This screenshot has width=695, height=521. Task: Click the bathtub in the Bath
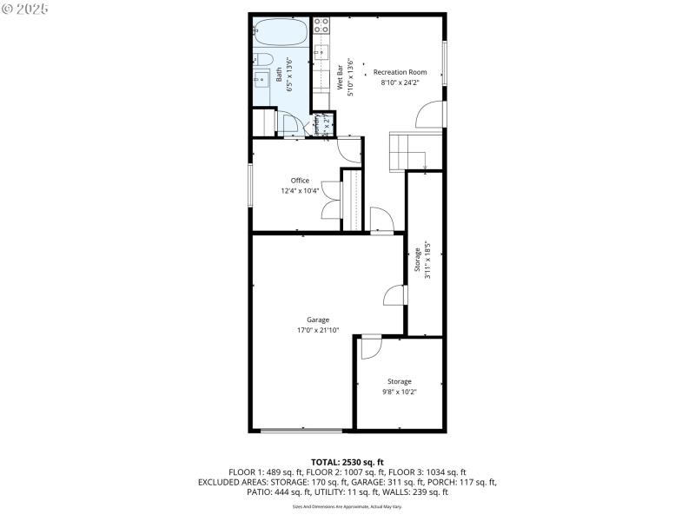(281, 34)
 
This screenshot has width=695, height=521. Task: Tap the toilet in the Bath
(263, 60)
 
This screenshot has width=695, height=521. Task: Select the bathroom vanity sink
(261, 80)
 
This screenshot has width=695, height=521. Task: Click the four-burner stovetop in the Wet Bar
(321, 25)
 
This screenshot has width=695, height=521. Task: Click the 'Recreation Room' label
(400, 72)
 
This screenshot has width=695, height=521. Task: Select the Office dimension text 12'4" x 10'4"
(300, 191)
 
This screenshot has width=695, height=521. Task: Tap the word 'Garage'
(317, 320)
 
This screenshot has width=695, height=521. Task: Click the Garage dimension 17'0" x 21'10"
(317, 331)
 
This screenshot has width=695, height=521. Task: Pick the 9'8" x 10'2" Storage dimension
(400, 392)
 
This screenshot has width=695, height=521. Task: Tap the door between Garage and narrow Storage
(395, 295)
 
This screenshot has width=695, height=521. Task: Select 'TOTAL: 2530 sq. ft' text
(347, 461)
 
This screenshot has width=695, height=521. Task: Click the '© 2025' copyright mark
(25, 9)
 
